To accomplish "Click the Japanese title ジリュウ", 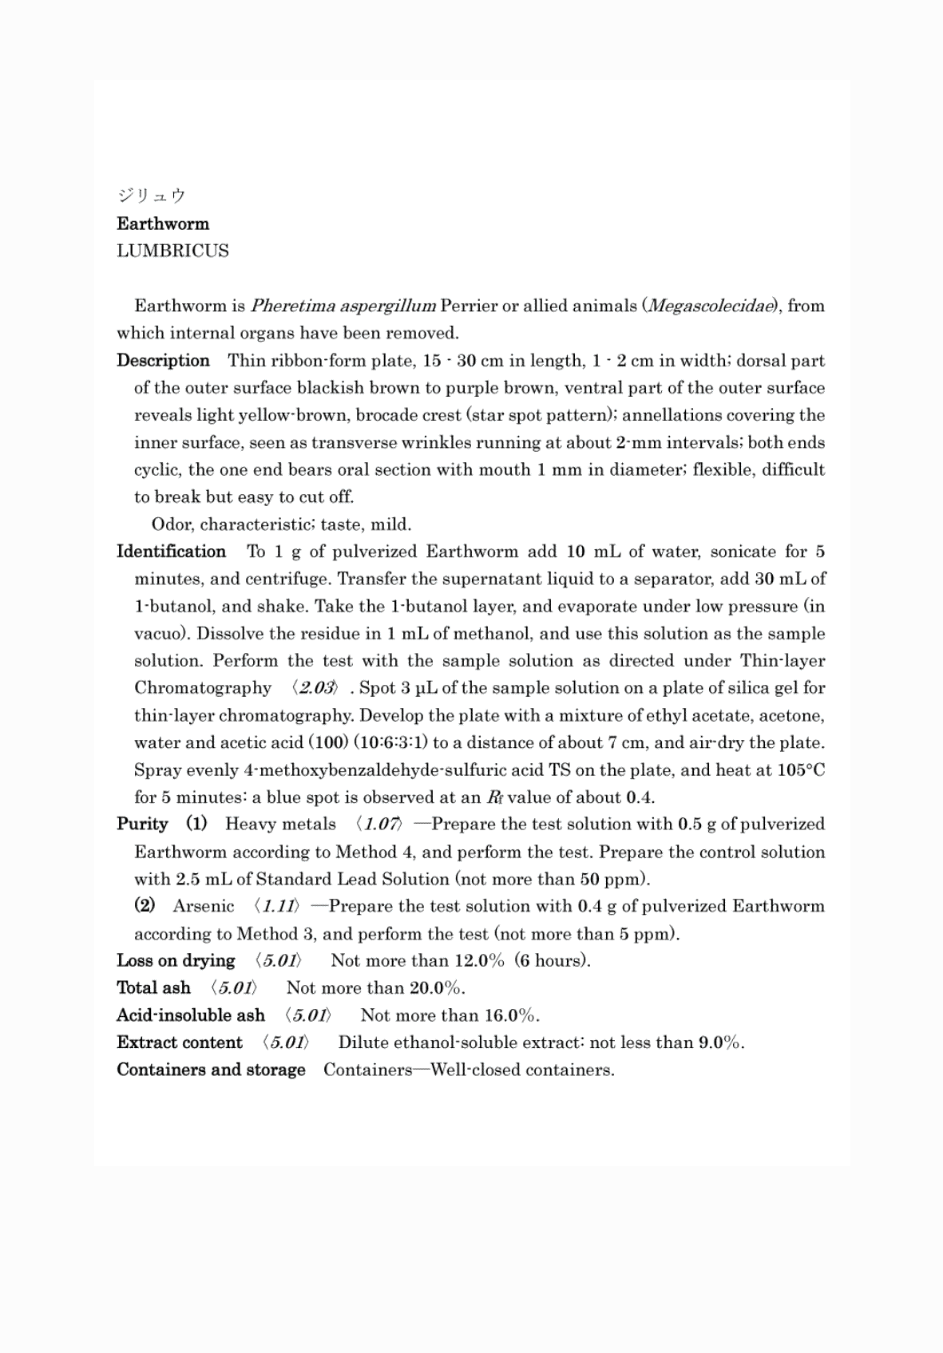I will click(x=151, y=196).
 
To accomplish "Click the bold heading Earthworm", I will click(x=163, y=224).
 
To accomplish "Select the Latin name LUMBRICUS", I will click(x=172, y=251).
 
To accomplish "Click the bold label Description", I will click(x=163, y=360).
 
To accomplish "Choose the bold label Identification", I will click(x=171, y=552).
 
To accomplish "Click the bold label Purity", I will click(x=142, y=824).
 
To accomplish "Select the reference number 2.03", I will click(x=316, y=688).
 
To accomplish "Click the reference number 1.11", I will click(x=275, y=906).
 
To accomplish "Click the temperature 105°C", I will click(x=800, y=769).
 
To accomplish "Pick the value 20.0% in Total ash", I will click(x=435, y=987).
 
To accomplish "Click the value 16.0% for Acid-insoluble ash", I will click(x=511, y=1015).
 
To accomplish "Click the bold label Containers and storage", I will click(x=211, y=1070).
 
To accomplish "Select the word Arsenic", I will click(x=204, y=906).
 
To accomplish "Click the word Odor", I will click(x=171, y=524).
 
